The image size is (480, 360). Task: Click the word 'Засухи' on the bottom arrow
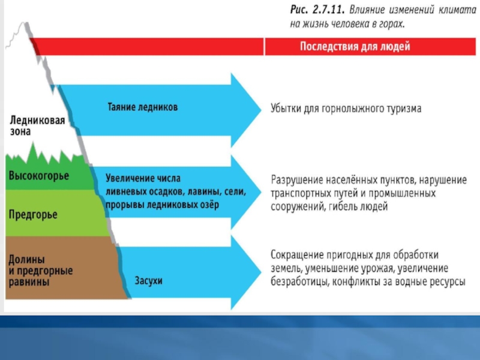point(149,280)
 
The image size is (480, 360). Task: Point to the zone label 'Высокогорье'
point(38,176)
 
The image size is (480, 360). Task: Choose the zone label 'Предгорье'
point(34,214)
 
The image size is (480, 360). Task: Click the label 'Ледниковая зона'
point(37,124)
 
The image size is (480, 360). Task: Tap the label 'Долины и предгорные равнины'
point(40,270)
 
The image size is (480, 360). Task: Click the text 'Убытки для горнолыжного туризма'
point(346,109)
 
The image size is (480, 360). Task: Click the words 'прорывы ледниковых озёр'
point(162,205)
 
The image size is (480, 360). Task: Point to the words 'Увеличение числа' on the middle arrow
point(143,178)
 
